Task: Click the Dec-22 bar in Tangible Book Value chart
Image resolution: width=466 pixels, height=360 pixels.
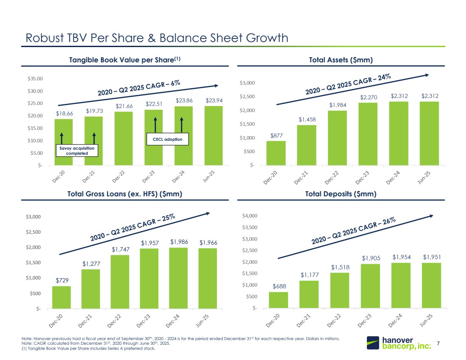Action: pos(123,138)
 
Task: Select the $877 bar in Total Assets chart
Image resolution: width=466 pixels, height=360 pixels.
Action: pos(276,153)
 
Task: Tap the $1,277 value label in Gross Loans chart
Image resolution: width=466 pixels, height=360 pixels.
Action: pos(92,265)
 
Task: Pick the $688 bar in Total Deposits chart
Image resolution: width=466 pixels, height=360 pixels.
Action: pos(278,299)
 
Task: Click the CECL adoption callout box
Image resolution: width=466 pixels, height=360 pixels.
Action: pos(167,139)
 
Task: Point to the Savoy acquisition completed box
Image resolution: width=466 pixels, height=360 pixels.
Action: pos(77,151)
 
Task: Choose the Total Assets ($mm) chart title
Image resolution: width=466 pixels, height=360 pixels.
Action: pos(341,60)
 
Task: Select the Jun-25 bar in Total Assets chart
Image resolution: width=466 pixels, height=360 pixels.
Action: pos(430,133)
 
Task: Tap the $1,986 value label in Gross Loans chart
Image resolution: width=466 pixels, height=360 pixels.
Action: pos(179,242)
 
